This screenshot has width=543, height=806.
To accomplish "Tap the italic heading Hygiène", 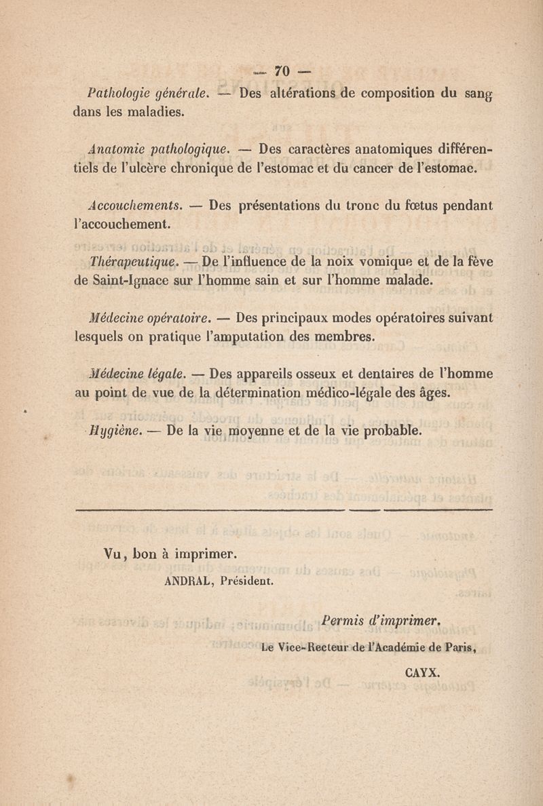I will tap(113, 429).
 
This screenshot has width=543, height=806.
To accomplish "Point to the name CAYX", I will tap(422, 674).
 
